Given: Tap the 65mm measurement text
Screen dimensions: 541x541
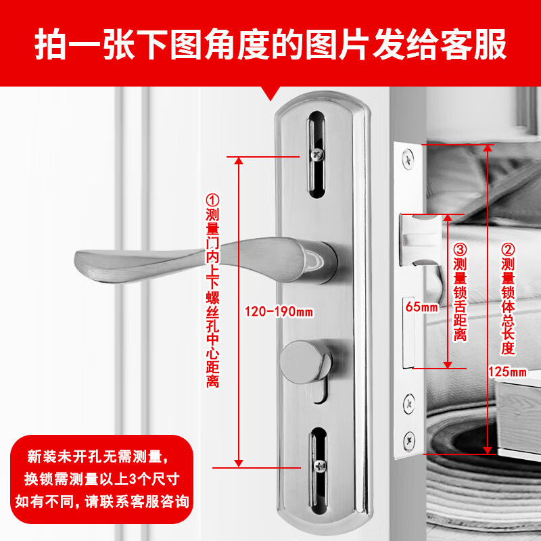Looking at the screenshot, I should click(420, 306).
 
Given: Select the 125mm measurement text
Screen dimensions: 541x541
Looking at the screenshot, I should click(507, 371).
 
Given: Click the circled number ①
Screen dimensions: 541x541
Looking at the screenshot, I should click(213, 200).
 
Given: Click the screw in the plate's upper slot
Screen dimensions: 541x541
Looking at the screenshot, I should click(318, 154).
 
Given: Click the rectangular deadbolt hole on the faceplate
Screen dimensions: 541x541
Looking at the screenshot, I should click(409, 331).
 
